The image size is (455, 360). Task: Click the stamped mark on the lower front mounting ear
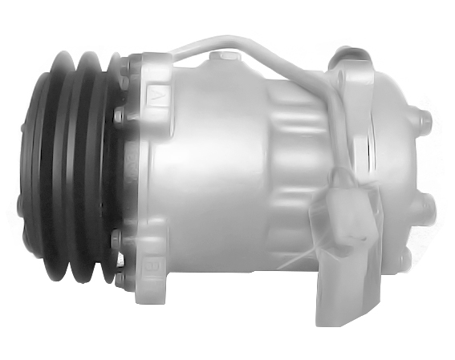point(153,263)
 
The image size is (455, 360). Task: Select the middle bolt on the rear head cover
point(426,210)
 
